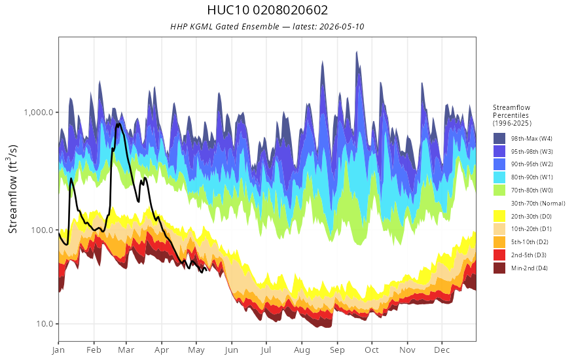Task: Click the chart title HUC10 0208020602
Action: click(268, 10)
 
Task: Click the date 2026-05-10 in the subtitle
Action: click(342, 26)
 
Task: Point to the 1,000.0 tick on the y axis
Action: click(39, 112)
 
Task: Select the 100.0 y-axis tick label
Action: click(43, 230)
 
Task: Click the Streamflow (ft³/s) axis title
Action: click(13, 189)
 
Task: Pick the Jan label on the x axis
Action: click(58, 350)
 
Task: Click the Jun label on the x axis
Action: click(232, 350)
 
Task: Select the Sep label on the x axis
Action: click(337, 350)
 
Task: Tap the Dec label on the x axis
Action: click(442, 350)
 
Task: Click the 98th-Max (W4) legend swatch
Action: click(499, 139)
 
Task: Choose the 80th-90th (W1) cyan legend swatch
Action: click(499, 177)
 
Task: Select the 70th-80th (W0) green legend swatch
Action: click(499, 190)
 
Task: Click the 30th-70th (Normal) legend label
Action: click(538, 203)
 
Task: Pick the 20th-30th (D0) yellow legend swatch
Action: click(499, 216)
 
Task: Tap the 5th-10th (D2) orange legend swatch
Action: click(499, 242)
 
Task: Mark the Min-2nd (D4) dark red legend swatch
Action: click(499, 268)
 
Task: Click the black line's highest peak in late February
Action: click(118, 124)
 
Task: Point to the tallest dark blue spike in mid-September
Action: click(356, 52)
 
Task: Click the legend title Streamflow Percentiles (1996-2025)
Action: click(512, 115)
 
